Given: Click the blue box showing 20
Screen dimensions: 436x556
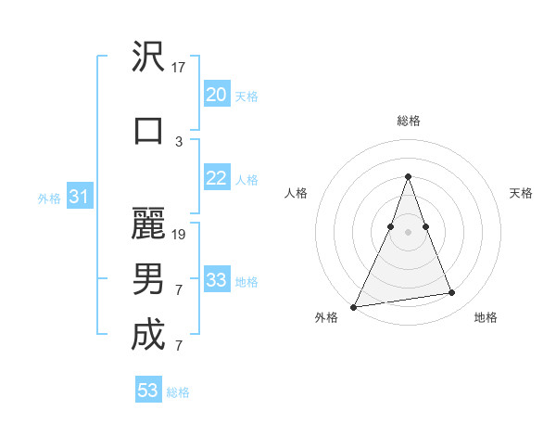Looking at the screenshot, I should (217, 95).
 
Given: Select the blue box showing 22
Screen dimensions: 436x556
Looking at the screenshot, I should (217, 178).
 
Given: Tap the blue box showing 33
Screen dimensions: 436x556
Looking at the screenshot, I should (217, 280).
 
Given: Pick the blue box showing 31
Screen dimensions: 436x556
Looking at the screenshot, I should (79, 197).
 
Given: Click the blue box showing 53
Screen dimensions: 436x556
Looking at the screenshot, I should (148, 391).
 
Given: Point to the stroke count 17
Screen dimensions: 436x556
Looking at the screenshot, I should (179, 67).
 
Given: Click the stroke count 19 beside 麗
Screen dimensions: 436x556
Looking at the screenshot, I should (179, 234).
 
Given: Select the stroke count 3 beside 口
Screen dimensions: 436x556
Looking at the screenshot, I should (179, 141).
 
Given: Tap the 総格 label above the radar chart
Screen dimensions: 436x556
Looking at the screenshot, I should (408, 121).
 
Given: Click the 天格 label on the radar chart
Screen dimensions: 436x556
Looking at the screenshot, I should (521, 193).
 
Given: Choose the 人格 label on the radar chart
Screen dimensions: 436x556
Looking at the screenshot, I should (297, 193).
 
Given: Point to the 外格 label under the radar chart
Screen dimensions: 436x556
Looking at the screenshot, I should (326, 317).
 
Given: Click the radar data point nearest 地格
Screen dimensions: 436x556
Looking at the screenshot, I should (452, 293).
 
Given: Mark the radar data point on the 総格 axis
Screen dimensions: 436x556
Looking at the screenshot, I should (408, 176).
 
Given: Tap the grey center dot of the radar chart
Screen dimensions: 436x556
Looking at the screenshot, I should (408, 232).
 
